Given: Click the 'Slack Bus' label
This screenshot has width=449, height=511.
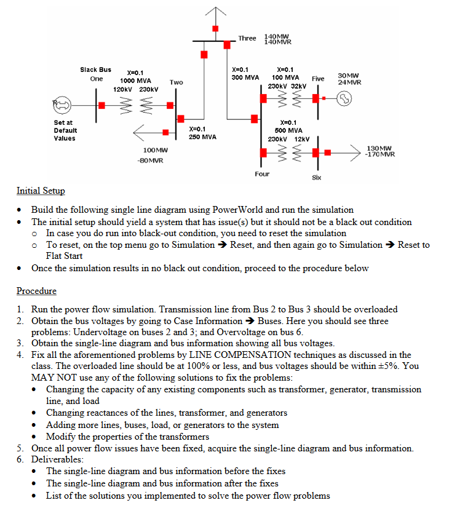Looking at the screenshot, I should tap(95, 70).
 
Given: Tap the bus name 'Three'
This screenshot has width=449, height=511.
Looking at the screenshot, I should tap(247, 38).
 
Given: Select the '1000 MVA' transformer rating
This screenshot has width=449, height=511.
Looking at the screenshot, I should tap(135, 81).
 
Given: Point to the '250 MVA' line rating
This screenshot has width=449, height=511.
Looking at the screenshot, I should tap(202, 137).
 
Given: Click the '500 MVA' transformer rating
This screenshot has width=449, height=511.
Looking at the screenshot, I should tap(288, 130).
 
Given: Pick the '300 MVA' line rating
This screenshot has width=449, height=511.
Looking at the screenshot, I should tap(245, 78).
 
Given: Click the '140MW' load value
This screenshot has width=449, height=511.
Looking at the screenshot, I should tap(277, 36).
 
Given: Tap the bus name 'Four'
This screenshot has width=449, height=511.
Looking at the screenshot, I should tap(262, 174).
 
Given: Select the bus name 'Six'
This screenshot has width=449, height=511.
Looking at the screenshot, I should tap(317, 178).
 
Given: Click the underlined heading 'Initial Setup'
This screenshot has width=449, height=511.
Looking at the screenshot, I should tap(41, 191).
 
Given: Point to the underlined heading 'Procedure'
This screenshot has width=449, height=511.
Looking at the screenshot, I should tap(36, 291).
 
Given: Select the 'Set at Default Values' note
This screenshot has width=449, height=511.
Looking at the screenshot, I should tap(65, 130).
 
